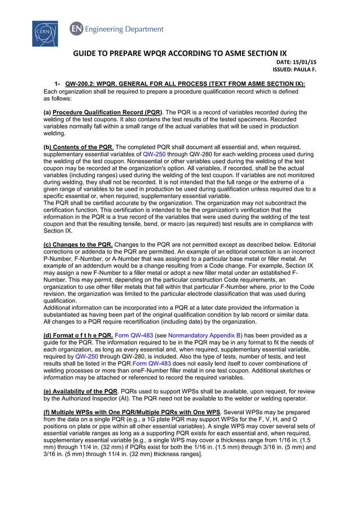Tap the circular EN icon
75,29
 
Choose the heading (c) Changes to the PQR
78,244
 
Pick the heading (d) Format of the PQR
78,335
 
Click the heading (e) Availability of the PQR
81,390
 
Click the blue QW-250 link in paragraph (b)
154,153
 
